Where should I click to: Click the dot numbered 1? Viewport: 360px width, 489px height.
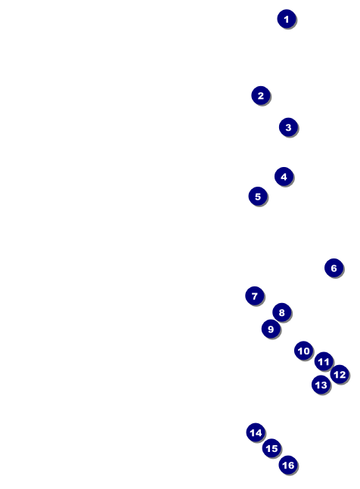click(x=287, y=19)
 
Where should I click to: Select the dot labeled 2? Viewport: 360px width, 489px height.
click(x=261, y=95)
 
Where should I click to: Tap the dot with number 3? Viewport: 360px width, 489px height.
click(x=288, y=127)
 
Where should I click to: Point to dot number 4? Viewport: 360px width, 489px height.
click(x=284, y=177)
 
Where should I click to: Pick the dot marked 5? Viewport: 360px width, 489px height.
click(x=258, y=197)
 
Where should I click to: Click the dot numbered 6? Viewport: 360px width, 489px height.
click(x=334, y=268)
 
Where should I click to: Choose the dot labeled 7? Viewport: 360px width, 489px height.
click(x=255, y=296)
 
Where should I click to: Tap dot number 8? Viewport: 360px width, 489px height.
click(x=282, y=312)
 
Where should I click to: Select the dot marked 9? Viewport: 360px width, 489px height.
click(x=271, y=329)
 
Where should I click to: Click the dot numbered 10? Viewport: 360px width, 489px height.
click(x=303, y=351)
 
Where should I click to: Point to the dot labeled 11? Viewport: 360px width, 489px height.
click(x=324, y=361)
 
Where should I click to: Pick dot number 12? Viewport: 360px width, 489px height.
click(x=340, y=374)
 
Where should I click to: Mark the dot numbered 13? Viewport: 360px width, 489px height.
click(x=321, y=385)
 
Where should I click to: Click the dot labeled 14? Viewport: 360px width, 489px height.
click(x=256, y=432)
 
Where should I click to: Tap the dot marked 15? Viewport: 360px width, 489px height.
click(x=272, y=448)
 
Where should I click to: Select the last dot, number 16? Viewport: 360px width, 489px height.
click(x=288, y=465)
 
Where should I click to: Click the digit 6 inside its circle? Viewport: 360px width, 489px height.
click(x=334, y=268)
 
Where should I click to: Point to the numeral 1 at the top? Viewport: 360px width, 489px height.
click(x=287, y=19)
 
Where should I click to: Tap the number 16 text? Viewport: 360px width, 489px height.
click(x=288, y=466)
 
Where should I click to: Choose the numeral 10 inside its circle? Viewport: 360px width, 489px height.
click(x=303, y=351)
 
